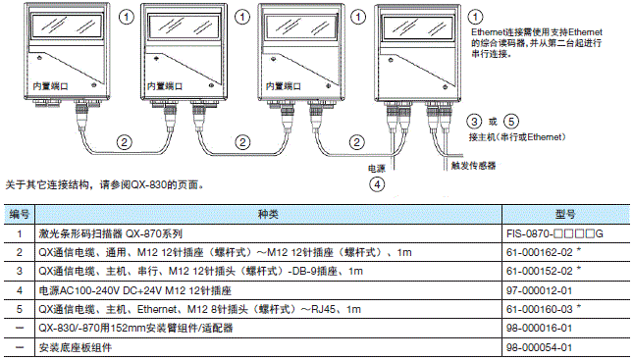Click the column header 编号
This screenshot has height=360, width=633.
[20, 214]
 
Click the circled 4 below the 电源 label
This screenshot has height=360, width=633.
[376, 182]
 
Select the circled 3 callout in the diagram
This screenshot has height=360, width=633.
[476, 121]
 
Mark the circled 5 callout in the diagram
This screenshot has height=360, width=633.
[511, 121]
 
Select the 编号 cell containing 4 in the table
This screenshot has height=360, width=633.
[20, 289]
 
